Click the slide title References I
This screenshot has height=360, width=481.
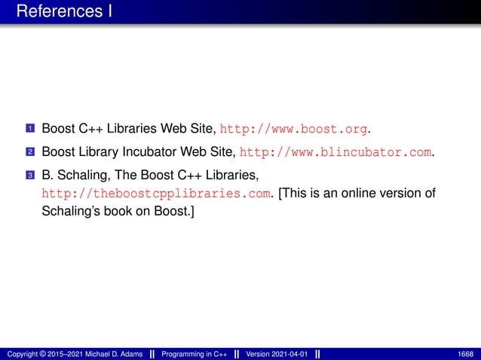(63, 12)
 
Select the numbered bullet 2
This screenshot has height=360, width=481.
(29, 153)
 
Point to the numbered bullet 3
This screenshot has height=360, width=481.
(29, 177)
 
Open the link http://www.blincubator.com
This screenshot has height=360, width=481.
(336, 152)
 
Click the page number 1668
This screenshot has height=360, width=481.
(467, 354)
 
